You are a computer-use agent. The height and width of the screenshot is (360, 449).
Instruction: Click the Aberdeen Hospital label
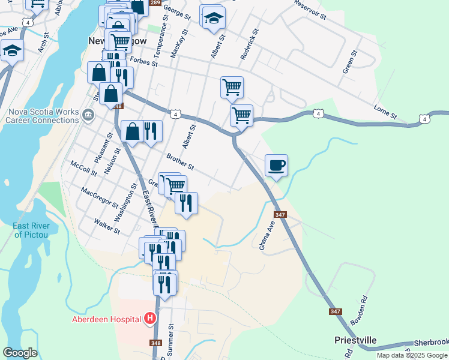pos(106,319)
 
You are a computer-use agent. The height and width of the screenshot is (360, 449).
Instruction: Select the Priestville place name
pos(355,340)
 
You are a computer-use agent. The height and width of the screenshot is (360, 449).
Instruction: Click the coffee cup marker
pos(276,165)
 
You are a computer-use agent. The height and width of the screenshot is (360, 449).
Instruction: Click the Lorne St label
pos(385,111)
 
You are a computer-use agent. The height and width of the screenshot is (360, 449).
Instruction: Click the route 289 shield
pos(155,3)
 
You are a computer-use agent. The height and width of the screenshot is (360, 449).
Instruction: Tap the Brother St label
pos(180,161)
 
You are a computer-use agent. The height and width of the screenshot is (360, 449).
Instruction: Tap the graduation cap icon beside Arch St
pos(11,51)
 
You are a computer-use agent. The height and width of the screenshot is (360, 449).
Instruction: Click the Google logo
pos(20,353)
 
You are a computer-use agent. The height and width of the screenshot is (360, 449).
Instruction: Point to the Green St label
pos(349,62)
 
